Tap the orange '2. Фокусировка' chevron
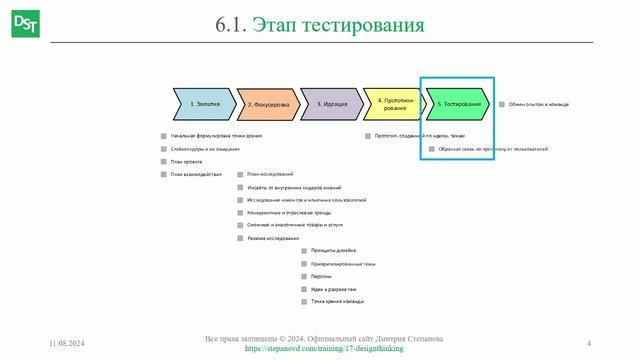(x=268, y=104)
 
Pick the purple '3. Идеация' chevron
(x=332, y=104)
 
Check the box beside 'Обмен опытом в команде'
(x=502, y=103)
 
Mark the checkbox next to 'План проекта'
(x=163, y=162)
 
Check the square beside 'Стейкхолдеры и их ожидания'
(x=163, y=150)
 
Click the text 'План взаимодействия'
(x=195, y=174)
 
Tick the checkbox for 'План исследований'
(x=240, y=175)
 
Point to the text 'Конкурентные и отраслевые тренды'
(x=289, y=213)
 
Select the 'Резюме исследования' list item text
(x=273, y=238)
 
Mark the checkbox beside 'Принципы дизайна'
(x=304, y=250)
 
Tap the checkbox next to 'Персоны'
(x=304, y=276)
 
